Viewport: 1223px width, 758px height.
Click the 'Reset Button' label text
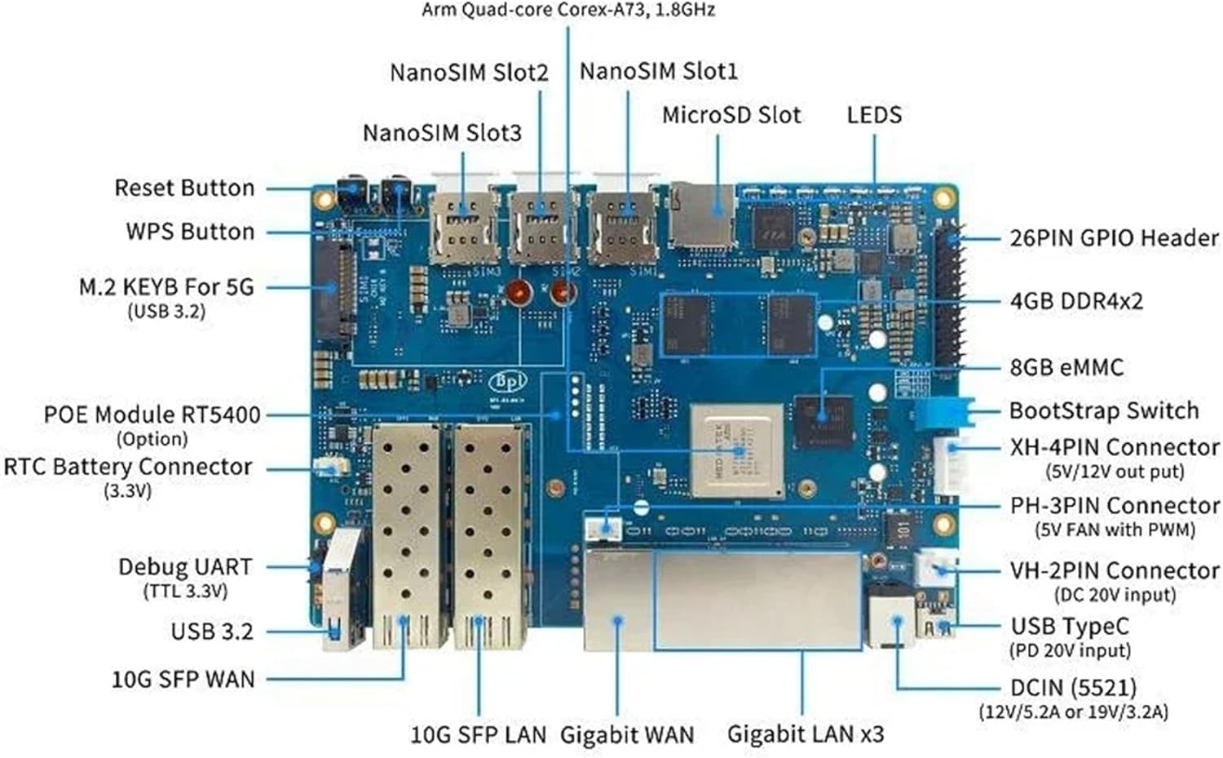click(x=184, y=188)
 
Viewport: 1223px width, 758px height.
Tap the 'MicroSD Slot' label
click(x=731, y=115)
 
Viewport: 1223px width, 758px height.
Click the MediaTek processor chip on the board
click(x=737, y=449)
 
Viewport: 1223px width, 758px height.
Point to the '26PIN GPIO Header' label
click(x=1114, y=238)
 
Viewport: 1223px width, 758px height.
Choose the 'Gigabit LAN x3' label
click(x=805, y=734)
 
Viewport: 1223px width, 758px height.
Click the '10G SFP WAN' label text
click(x=183, y=679)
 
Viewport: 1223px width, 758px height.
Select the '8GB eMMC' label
click(x=1066, y=368)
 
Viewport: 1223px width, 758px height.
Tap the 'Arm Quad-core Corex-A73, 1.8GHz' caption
click(x=568, y=11)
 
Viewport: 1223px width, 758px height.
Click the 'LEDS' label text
click(x=874, y=115)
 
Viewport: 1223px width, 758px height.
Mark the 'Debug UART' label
click(x=185, y=567)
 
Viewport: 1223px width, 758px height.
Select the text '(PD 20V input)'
click(x=1070, y=651)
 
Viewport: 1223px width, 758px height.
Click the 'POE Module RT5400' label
click(x=152, y=414)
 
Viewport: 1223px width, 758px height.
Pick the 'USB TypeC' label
click(x=1070, y=626)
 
